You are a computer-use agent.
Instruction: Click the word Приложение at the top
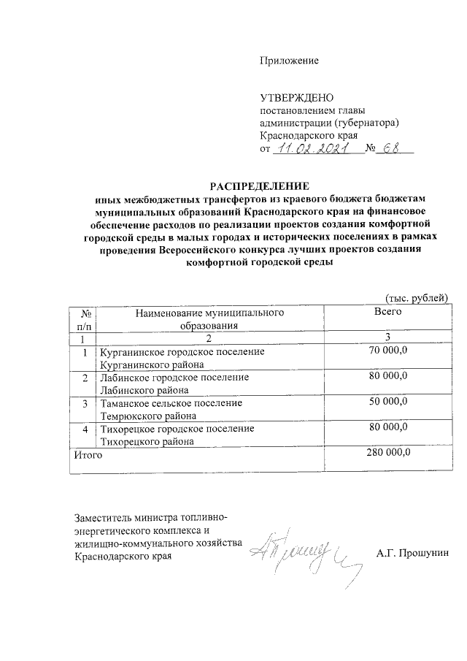click(x=290, y=61)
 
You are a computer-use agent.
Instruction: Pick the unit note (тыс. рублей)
click(x=411, y=297)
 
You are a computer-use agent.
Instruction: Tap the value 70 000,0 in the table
click(x=389, y=351)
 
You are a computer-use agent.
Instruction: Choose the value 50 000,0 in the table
click(x=389, y=402)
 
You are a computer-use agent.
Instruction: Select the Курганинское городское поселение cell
click(x=182, y=357)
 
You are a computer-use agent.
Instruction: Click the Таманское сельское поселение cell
click(x=171, y=408)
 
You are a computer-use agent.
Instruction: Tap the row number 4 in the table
click(x=85, y=428)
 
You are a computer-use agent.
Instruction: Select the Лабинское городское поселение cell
click(x=174, y=383)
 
